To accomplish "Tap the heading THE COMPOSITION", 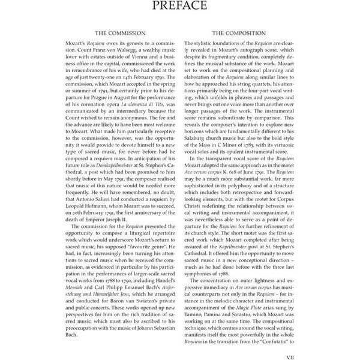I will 253,34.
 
